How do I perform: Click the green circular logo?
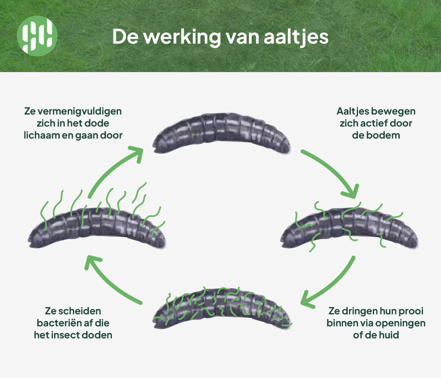pos(37,36)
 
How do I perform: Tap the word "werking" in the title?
pos(182,36)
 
